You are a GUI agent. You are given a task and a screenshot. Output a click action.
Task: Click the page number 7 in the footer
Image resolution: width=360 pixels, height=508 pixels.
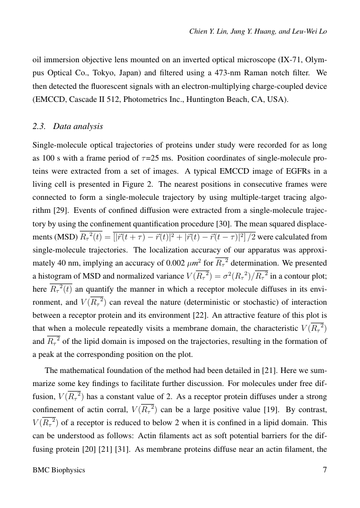click(x=324, y=470)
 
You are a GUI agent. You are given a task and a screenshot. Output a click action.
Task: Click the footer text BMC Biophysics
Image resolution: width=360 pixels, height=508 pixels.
click(x=59, y=470)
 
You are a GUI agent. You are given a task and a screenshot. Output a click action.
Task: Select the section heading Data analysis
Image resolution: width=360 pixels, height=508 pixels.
click(x=78, y=126)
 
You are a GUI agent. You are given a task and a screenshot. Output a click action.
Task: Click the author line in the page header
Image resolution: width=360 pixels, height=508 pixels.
click(x=258, y=31)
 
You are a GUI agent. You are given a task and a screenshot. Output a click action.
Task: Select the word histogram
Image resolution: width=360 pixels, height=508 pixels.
click(x=60, y=276)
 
